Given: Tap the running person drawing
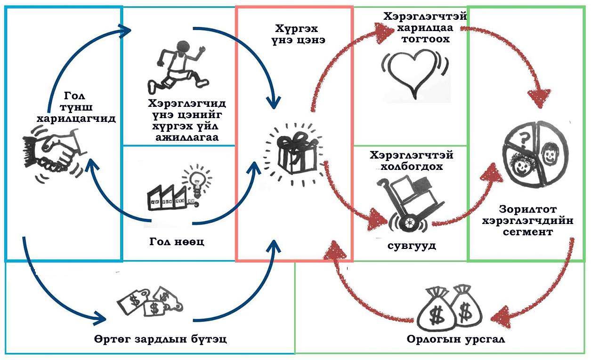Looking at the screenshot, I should [x=178, y=66].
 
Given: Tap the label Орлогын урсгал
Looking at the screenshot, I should [x=456, y=339].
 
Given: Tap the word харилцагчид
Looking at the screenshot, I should [x=76, y=120].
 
